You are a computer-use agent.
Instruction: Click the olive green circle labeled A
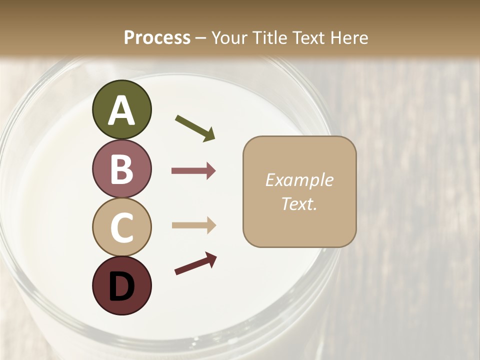[x=121, y=109]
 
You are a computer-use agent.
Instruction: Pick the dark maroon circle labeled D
[x=121, y=285]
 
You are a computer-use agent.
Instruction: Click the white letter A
[x=121, y=110]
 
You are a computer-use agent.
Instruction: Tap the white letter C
[x=122, y=227]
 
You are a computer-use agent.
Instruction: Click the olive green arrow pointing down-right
[x=195, y=127]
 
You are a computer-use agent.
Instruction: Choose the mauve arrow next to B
[x=193, y=171]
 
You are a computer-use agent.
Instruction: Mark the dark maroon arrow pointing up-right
[x=195, y=263]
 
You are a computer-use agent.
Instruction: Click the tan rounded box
[x=299, y=191]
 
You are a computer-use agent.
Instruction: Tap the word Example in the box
[x=299, y=180]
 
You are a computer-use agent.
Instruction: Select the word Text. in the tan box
[x=299, y=203]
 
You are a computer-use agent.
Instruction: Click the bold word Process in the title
[x=157, y=37]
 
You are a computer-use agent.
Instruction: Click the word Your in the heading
[x=227, y=37]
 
